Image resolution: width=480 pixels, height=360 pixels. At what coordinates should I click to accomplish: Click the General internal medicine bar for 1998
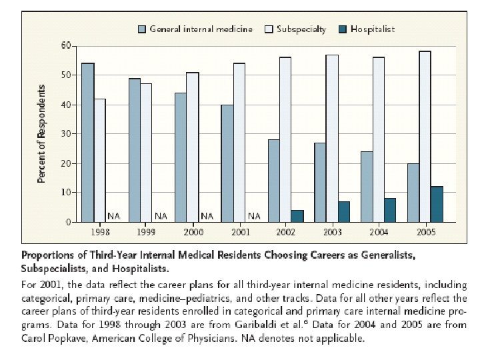pos(88,143)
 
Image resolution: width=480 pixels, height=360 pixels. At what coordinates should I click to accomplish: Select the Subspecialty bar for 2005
pos(425,137)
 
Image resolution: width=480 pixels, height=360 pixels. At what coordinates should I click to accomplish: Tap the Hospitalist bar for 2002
pos(297,216)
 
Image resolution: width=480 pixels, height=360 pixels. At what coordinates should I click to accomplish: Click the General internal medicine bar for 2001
pos(227,163)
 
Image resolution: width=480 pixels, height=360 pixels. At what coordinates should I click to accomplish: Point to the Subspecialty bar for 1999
pos(146,153)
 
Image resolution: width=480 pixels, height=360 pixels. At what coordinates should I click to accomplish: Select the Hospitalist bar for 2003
pos(343,211)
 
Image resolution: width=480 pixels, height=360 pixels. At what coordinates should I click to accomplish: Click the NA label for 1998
pos(113,216)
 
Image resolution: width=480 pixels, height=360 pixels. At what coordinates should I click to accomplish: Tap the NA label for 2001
pos(253,216)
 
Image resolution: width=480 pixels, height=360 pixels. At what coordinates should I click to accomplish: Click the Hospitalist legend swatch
pos(343,29)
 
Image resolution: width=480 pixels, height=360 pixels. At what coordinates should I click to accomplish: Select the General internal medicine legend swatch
pos(142,29)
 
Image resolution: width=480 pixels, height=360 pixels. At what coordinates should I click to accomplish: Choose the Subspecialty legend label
pos(301,29)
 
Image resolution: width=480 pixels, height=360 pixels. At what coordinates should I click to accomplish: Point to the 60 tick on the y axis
pos(66,45)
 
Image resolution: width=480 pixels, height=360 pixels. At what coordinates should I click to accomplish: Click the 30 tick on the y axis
pos(66,133)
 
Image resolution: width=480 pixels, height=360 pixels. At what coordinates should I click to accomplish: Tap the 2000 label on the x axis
pos(193,231)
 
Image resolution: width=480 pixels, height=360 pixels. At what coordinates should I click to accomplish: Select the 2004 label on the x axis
pos(379,231)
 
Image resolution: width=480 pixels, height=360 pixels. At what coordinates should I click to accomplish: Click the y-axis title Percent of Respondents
pos(41,133)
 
